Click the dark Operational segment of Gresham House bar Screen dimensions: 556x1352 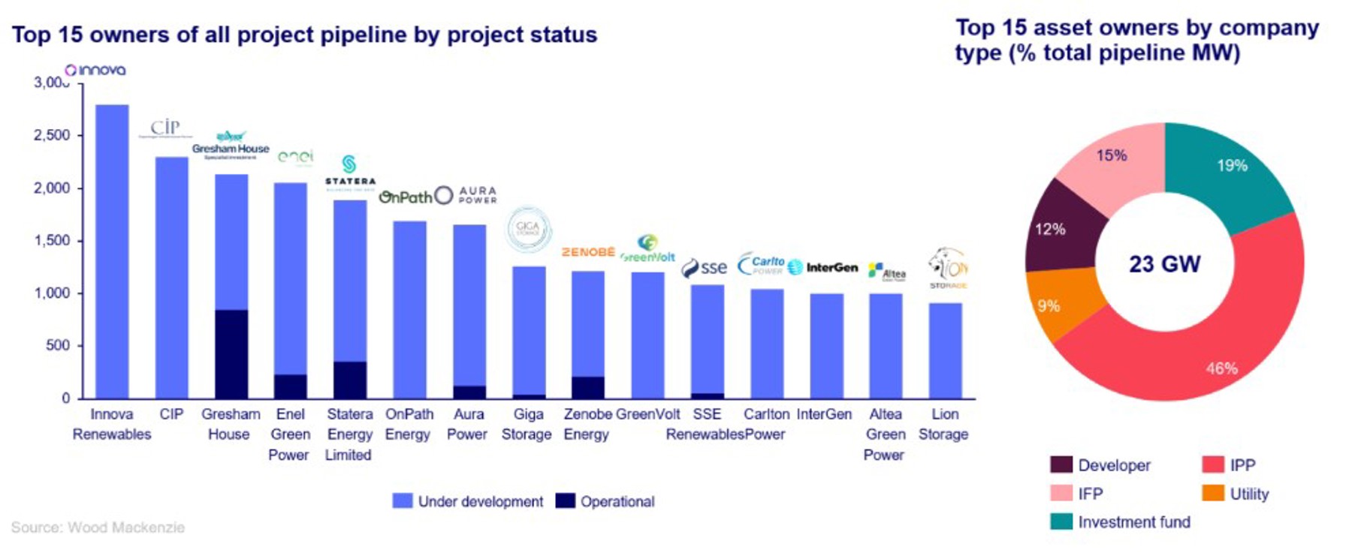coord(231,353)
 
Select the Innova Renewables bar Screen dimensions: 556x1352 coord(112,251)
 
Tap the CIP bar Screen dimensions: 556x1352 coord(171,278)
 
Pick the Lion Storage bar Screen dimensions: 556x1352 coord(945,350)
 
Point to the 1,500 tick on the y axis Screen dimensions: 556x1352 coord(52,241)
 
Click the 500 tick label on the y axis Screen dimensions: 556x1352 coord(57,346)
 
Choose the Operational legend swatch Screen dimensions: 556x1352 coord(565,501)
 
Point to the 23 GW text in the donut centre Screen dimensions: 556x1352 coord(1164,264)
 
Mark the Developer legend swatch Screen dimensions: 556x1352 coord(1061,465)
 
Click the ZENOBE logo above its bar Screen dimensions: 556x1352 coord(588,252)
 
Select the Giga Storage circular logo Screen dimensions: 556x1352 coord(528,229)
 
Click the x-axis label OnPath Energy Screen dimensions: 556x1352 coord(409,424)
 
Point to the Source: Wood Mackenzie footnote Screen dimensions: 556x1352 coord(98,527)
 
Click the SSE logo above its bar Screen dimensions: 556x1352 coord(705,268)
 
